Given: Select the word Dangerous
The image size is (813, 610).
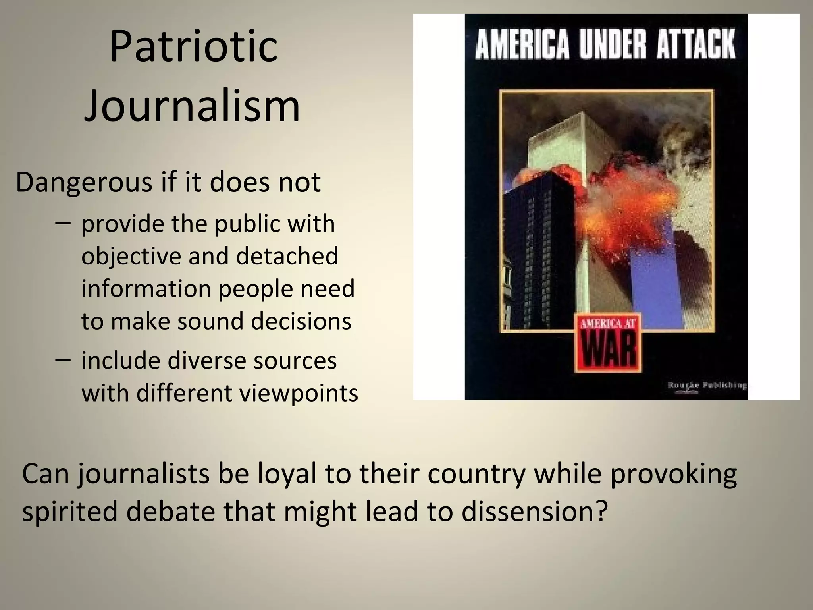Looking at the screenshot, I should pyautogui.click(x=84, y=183).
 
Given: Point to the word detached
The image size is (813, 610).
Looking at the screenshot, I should pyautogui.click(x=287, y=256).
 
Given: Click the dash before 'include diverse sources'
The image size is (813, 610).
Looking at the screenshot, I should pyautogui.click(x=64, y=360).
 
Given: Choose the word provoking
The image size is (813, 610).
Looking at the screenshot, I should pyautogui.click(x=673, y=474).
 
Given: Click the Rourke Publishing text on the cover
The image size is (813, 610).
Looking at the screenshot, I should pyautogui.click(x=707, y=385).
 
